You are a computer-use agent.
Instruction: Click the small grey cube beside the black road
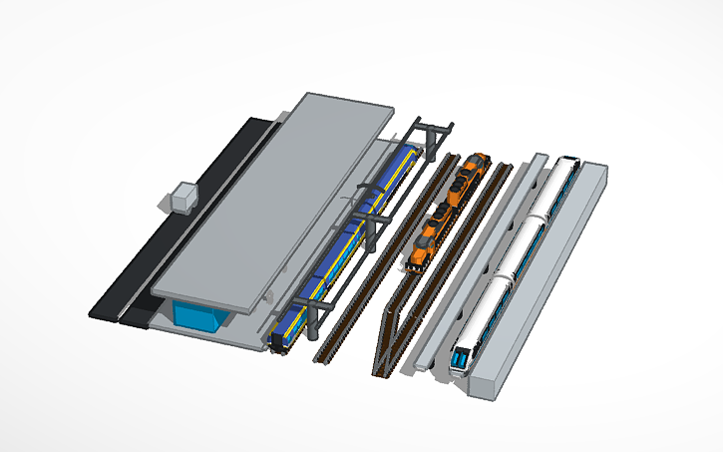point(182,197)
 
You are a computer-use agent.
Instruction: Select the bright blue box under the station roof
point(199,316)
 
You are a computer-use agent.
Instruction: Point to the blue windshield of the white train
point(461,357)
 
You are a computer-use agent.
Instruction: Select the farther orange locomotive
point(467,179)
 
